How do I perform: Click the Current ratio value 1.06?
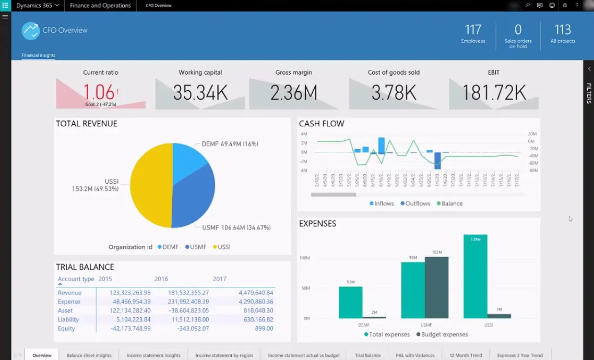click(99, 92)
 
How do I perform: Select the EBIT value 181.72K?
click(494, 92)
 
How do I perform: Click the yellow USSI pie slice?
click(151, 185)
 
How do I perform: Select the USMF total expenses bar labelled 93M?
click(412, 290)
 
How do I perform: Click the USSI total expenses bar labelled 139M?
click(475, 277)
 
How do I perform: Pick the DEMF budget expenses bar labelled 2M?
click(374, 317)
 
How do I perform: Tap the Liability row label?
click(68, 319)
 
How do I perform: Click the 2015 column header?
click(105, 279)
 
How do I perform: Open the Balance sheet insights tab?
click(89, 355)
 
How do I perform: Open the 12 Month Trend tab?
click(466, 355)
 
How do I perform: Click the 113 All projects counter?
click(563, 33)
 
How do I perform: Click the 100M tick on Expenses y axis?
click(304, 258)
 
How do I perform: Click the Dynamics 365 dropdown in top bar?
click(37, 5)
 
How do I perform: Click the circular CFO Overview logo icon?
click(31, 31)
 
